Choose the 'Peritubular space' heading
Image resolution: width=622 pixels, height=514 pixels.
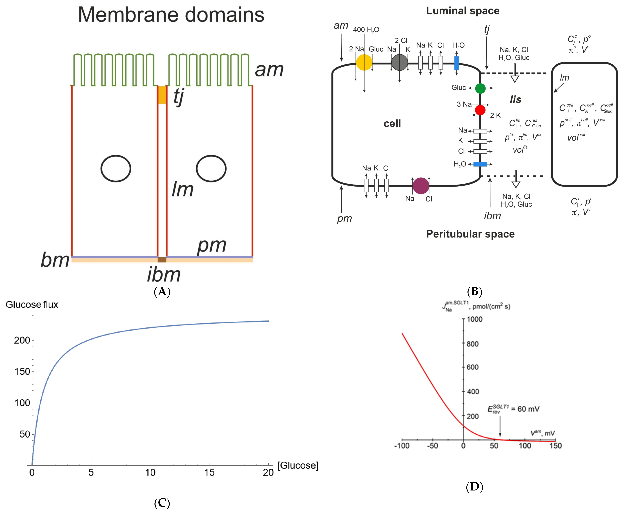470,234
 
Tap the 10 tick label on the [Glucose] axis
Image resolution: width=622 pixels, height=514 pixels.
150,472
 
